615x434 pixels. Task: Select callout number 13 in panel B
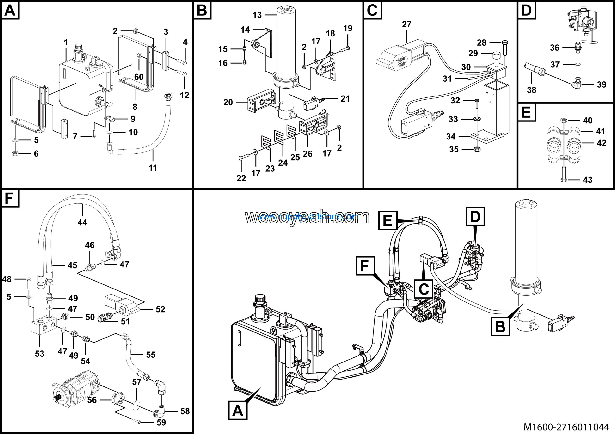coord(257,15)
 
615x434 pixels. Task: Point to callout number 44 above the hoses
coord(82,222)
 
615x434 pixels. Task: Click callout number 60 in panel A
coord(139,77)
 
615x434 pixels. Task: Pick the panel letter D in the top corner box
coord(526,10)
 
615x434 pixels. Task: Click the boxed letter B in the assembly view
coord(500,326)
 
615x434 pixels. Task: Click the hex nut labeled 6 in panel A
coord(15,153)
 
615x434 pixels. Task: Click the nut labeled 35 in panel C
coord(477,149)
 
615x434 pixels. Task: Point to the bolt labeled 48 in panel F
coord(29,284)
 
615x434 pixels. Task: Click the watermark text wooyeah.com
coord(307,217)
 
